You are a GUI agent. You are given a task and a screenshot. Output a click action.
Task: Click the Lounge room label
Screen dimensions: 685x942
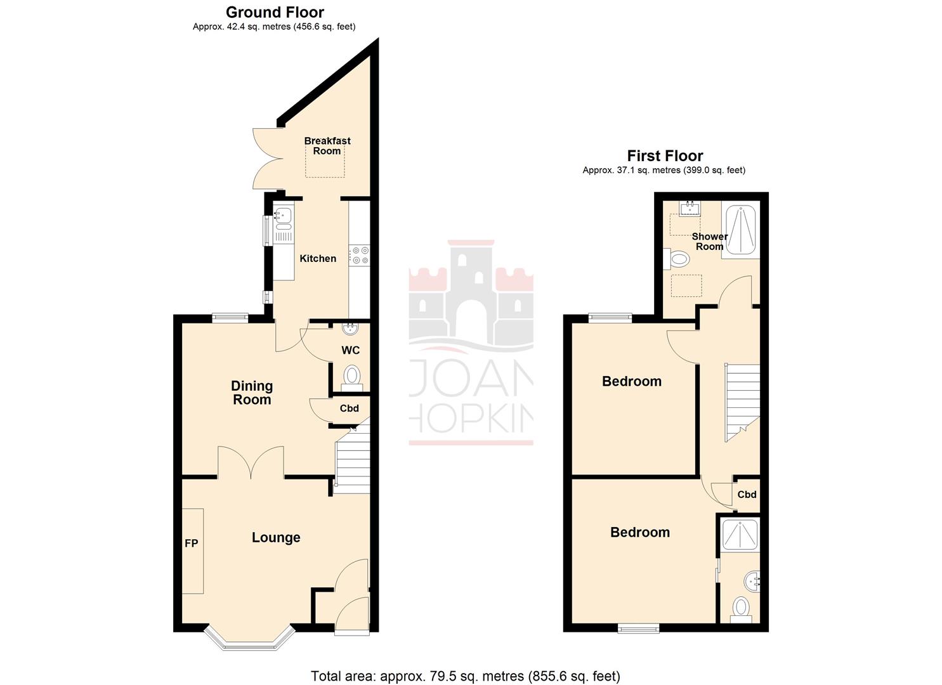pyautogui.click(x=276, y=538)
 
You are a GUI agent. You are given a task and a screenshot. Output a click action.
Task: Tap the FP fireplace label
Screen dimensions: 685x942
pyautogui.click(x=191, y=543)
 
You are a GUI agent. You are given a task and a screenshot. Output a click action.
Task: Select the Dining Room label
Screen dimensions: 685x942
pyautogui.click(x=252, y=393)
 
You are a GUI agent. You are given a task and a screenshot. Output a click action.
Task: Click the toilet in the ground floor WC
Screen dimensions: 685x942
pyautogui.click(x=351, y=376)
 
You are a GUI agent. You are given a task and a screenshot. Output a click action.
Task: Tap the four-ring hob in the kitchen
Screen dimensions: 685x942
pyautogui.click(x=360, y=256)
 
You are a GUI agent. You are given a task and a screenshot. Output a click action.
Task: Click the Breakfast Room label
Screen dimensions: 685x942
pyautogui.click(x=327, y=146)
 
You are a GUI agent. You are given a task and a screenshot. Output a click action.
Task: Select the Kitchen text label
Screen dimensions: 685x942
pyautogui.click(x=318, y=259)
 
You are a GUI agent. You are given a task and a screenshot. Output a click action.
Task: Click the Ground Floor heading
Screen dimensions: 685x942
pyautogui.click(x=275, y=12)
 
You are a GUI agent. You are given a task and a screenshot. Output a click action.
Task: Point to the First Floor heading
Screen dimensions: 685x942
pyautogui.click(x=665, y=156)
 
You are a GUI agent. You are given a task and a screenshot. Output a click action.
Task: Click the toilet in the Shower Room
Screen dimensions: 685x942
pyautogui.click(x=677, y=259)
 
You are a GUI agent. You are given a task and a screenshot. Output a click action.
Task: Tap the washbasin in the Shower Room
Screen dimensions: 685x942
pyautogui.click(x=689, y=208)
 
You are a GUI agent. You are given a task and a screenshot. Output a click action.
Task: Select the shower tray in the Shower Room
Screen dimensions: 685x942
pyautogui.click(x=740, y=230)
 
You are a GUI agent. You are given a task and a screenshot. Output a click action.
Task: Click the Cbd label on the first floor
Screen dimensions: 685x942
pyautogui.click(x=747, y=495)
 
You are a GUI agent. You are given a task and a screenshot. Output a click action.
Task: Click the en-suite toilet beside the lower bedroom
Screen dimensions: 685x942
pyautogui.click(x=740, y=609)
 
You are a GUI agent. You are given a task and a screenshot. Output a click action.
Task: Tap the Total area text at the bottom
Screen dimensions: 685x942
pyautogui.click(x=465, y=676)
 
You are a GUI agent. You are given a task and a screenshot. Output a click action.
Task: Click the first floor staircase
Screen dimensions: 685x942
pyautogui.click(x=742, y=400)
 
